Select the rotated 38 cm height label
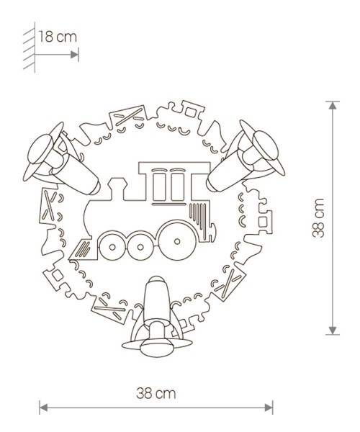(320, 217)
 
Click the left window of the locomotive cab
(159, 187)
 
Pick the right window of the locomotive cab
(176, 187)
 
